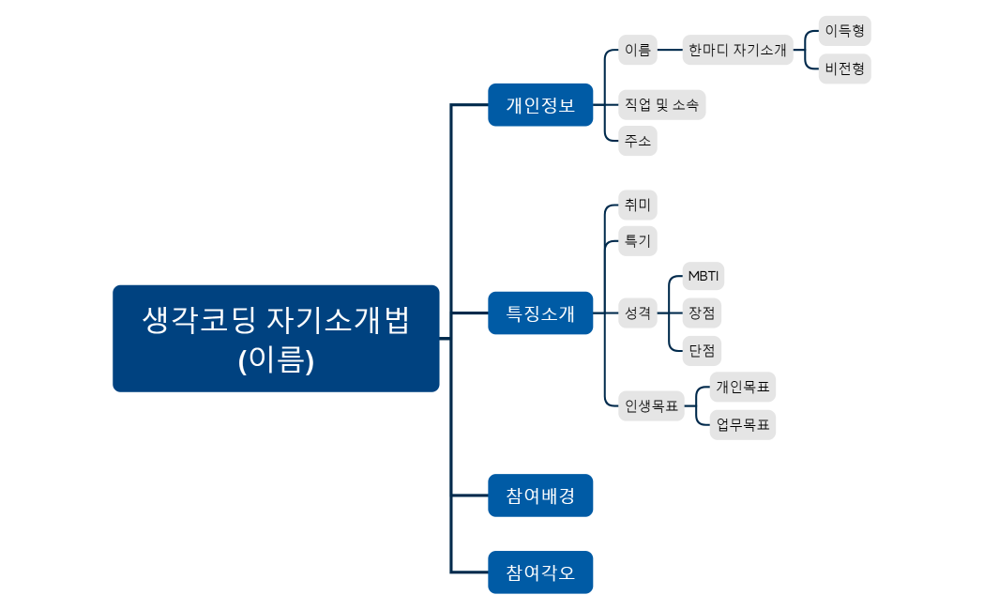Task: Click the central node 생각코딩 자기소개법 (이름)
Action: [276, 338]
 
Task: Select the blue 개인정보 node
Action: [540, 104]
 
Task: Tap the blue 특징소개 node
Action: [540, 313]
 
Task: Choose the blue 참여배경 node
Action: [540, 495]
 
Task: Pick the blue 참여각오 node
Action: [540, 572]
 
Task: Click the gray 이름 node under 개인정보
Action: [638, 50]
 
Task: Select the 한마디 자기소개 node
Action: [737, 50]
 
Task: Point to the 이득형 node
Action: [844, 30]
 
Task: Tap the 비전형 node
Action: [844, 69]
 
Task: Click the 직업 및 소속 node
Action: [661, 105]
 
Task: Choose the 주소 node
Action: [638, 141]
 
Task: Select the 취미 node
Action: [638, 205]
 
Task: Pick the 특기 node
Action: [638, 240]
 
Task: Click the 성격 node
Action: [638, 313]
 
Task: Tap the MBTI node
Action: [704, 276]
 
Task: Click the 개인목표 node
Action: [742, 386]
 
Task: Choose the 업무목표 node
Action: [742, 424]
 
